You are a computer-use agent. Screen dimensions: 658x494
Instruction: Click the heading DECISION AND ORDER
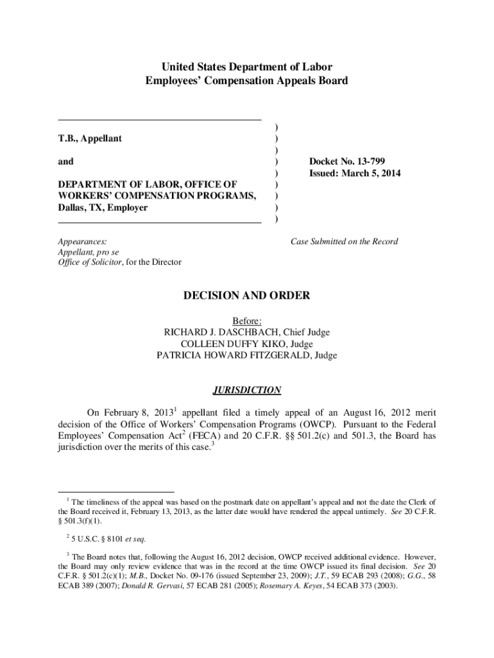point(247,296)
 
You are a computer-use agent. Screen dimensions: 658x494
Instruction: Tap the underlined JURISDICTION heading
point(247,390)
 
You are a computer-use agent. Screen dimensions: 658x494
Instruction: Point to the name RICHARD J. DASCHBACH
point(225,332)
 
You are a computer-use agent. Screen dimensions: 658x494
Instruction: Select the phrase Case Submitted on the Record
point(344,242)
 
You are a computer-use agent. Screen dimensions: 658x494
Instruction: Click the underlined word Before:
point(247,321)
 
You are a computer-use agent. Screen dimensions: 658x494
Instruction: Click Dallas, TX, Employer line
point(103,208)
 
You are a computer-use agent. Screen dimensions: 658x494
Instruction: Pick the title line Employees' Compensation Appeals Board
point(247,81)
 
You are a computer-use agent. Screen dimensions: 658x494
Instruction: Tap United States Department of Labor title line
point(247,67)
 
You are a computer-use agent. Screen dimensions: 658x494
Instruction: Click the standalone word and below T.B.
point(65,162)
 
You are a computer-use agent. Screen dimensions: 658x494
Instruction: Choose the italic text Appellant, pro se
point(89,252)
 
